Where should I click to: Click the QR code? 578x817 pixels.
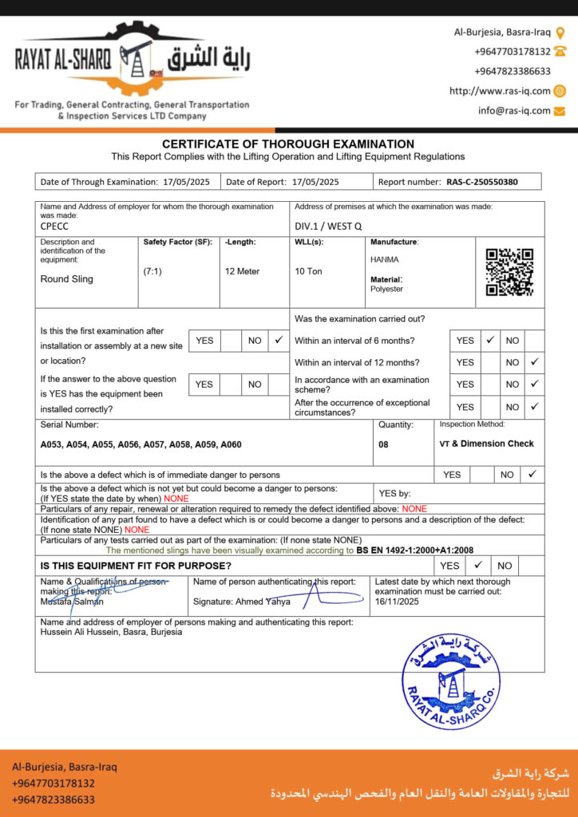509,271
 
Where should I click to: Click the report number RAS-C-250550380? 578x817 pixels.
481,182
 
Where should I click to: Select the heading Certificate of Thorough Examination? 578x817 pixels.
288,144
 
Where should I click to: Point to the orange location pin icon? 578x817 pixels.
560,33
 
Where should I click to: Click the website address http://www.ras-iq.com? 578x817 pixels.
500,91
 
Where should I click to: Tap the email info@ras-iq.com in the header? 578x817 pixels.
514,110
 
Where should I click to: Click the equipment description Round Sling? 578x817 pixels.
67,279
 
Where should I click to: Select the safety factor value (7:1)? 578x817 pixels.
152,271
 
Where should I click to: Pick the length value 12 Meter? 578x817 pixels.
242,271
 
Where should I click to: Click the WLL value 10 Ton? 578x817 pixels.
308,271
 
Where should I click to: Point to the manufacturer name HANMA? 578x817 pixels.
385,259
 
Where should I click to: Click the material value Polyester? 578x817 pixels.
386,290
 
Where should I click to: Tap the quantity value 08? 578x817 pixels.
384,444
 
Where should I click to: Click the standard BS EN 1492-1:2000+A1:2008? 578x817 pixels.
415,551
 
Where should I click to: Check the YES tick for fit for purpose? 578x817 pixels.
478,565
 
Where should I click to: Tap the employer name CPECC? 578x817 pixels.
54,226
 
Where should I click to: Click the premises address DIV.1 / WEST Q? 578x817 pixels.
328,226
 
